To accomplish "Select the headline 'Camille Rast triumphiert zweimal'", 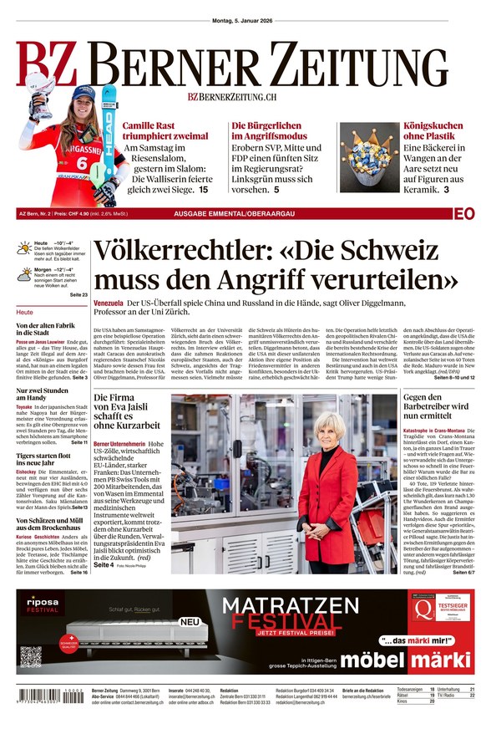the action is point(165,131).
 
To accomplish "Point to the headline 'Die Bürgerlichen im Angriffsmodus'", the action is point(276,131).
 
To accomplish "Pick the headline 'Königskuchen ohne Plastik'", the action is point(433,131).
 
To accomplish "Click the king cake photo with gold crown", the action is point(368,156).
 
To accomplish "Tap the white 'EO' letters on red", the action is point(465,214).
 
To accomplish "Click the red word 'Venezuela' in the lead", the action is point(109,302).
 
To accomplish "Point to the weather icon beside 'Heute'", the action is point(24,247).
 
